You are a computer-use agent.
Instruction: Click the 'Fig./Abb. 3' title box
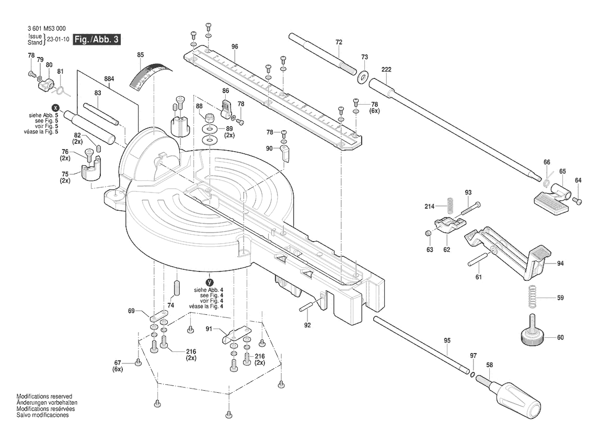(97, 40)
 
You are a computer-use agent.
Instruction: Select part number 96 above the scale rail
(235, 47)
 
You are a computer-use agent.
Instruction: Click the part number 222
(386, 70)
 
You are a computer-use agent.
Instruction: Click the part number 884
(109, 78)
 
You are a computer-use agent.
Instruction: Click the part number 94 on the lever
(560, 264)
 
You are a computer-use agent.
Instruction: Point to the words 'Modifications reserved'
(44, 397)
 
